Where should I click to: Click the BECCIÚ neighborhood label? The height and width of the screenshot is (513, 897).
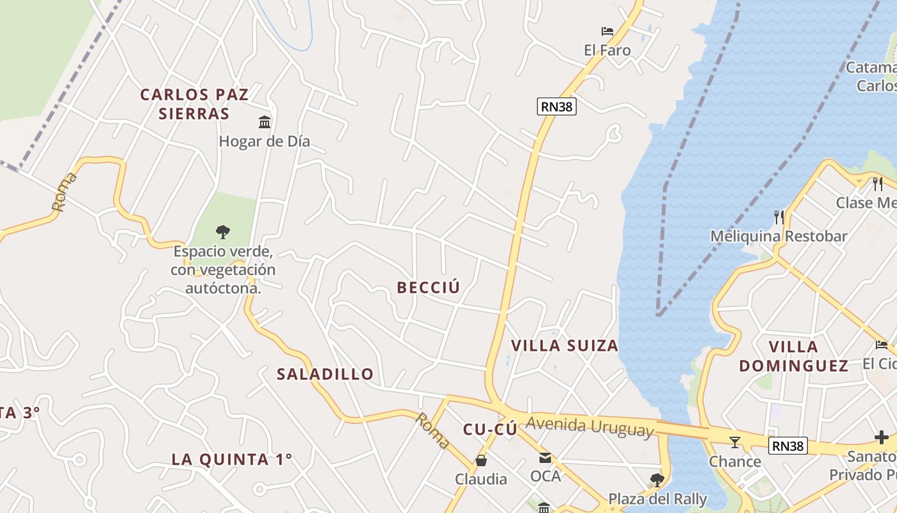428,287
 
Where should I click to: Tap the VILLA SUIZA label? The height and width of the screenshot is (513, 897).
564,346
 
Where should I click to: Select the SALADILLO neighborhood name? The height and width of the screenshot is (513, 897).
325,374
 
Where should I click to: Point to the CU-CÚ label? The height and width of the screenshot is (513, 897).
490,430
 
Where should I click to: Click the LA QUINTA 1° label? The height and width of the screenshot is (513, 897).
231,459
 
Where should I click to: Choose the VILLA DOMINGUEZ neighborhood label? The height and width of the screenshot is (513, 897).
793,357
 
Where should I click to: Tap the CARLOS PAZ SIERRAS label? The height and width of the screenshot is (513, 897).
194,104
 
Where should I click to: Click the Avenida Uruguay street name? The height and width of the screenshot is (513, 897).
590,427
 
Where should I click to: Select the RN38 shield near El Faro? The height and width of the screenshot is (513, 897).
556,106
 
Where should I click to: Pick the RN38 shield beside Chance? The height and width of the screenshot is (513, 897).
787,446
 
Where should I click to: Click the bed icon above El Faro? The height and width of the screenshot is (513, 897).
607,31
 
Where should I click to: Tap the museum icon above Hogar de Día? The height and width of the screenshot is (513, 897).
264,122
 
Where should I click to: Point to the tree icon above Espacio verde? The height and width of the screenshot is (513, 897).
222,231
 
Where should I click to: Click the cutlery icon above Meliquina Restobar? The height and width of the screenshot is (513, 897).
778,217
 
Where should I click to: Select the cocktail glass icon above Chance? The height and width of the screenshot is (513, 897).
734,442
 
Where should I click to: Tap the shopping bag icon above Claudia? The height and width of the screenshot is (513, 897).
481,460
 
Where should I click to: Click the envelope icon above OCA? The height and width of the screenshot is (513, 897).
545,457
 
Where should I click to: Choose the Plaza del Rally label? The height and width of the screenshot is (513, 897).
657,499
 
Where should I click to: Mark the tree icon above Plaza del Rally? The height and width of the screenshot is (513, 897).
656,480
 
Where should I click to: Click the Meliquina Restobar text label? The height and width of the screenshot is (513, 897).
778,236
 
